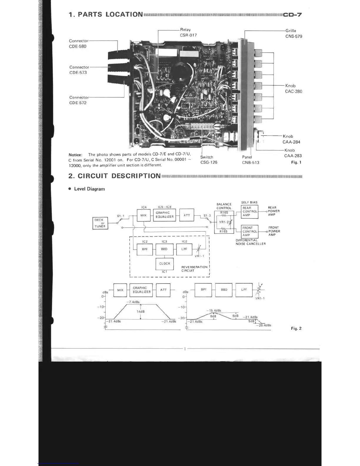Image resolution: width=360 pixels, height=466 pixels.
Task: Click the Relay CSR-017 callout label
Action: (x=188, y=32)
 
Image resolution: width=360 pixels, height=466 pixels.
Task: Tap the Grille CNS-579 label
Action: (x=294, y=34)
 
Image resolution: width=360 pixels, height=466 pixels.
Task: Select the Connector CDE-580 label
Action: (x=78, y=44)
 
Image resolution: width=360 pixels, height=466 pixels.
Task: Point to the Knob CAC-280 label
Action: (x=293, y=89)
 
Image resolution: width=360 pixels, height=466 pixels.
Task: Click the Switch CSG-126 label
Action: (x=209, y=160)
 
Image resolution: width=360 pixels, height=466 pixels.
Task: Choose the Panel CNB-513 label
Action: (x=250, y=160)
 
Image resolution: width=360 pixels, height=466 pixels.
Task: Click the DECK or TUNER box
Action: (x=100, y=223)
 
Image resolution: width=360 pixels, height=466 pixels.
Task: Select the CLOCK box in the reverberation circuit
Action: (x=165, y=264)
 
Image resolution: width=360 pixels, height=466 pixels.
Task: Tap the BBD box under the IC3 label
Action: (x=164, y=249)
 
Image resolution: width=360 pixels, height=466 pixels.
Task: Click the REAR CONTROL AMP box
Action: (x=249, y=212)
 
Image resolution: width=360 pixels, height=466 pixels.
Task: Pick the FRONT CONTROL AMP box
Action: (x=249, y=231)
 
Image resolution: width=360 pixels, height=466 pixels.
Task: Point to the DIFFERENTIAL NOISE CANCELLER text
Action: (x=251, y=242)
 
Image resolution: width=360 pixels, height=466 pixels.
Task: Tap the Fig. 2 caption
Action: (x=296, y=328)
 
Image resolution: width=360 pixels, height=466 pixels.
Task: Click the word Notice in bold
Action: (x=75, y=155)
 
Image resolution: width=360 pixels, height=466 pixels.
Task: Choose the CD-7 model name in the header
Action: (x=292, y=15)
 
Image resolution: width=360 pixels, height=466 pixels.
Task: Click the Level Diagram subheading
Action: (x=89, y=189)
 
